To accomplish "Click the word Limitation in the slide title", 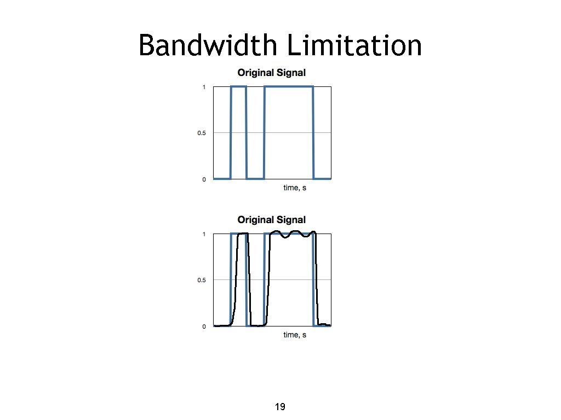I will point(354,45).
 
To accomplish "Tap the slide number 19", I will point(280,407).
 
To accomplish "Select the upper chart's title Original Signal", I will point(271,72).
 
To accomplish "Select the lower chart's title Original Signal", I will point(271,220).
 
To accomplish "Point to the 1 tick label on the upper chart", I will point(204,87).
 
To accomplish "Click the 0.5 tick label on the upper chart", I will point(202,133).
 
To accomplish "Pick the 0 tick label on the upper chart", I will point(204,179).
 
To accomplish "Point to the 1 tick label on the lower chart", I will point(204,235).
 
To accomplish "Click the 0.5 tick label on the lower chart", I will point(202,281).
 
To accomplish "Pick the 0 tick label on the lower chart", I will point(204,327).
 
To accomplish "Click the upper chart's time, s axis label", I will point(295,188).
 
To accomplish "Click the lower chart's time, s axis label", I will point(295,335).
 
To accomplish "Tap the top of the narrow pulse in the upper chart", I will point(238,86).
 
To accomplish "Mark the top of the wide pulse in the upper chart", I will point(289,86).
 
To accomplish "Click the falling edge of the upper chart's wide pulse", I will point(313,133).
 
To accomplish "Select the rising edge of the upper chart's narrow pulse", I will point(231,133).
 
